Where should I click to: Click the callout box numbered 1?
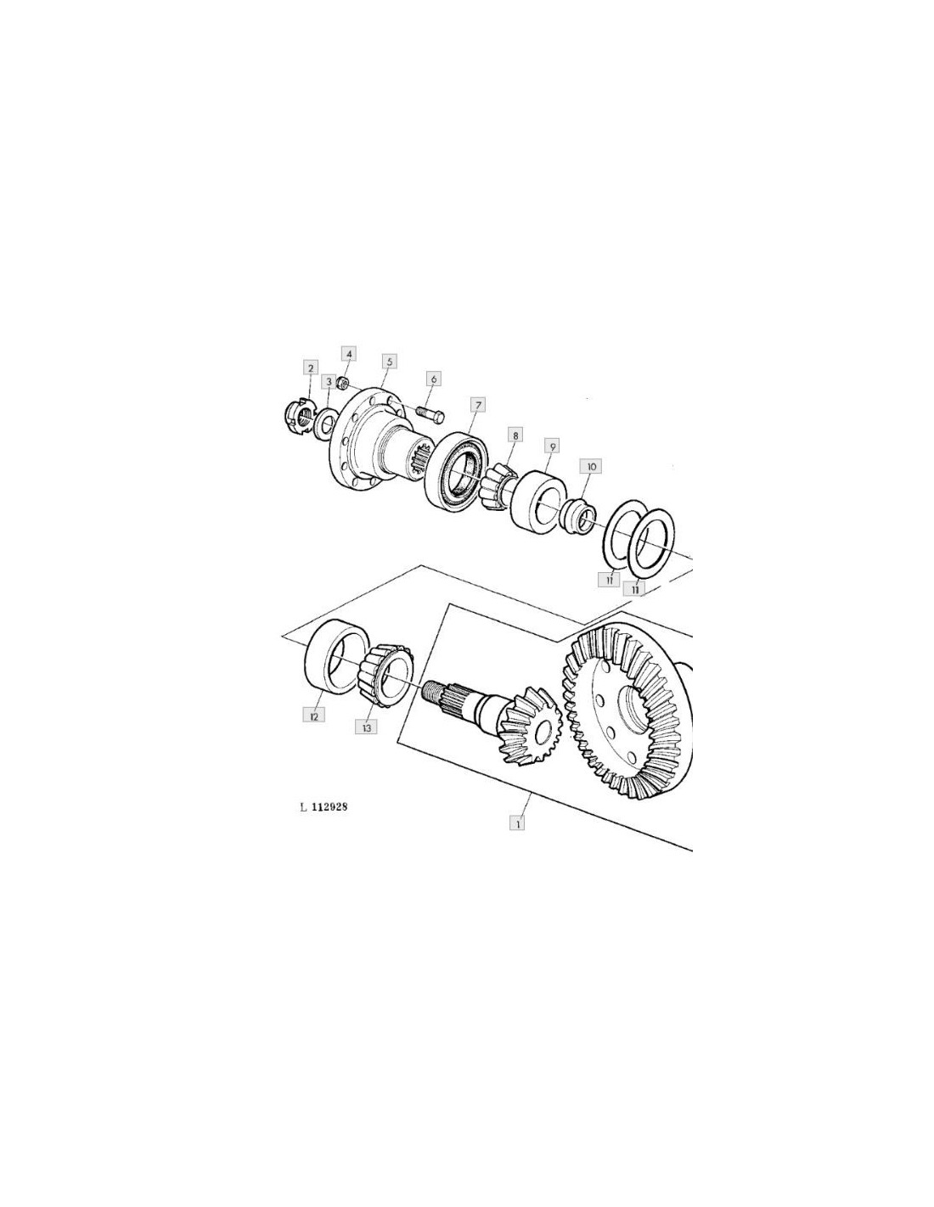pyautogui.click(x=517, y=823)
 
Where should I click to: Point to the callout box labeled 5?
pyautogui.click(x=389, y=362)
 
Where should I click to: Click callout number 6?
pyautogui.click(x=433, y=379)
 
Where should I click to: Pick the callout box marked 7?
pyautogui.click(x=477, y=404)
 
